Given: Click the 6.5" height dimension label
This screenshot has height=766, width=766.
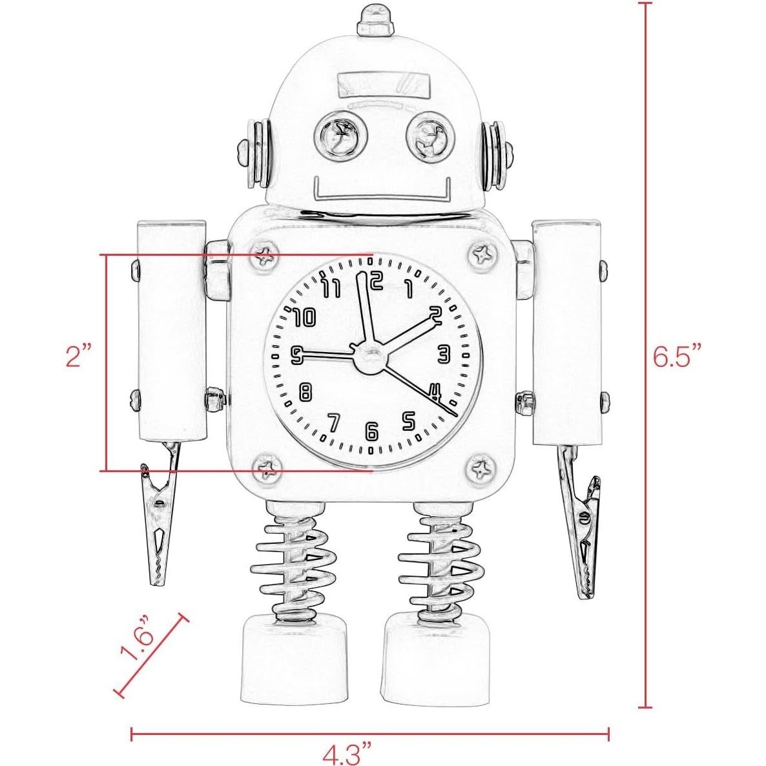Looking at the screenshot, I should tap(676, 355).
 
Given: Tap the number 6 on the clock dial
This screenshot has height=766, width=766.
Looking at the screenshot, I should tap(371, 431).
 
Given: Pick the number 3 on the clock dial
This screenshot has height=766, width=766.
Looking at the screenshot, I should tap(443, 354).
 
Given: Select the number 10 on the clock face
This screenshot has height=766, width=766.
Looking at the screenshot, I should tap(303, 317).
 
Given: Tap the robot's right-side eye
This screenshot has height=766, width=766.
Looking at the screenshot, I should tap(427, 136).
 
